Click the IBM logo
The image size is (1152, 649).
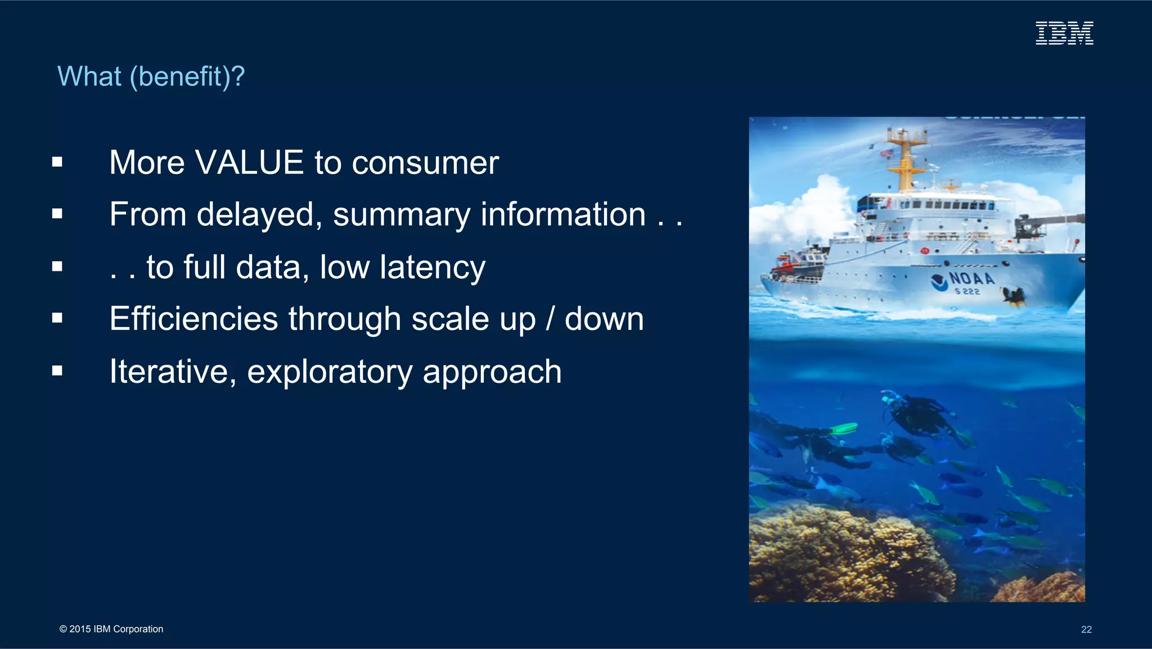coord(1064,33)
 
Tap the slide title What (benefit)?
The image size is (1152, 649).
coord(151,77)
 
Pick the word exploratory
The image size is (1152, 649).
coord(330,372)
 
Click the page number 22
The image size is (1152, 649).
coord(1086,629)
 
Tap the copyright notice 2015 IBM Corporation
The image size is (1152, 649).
coord(111,629)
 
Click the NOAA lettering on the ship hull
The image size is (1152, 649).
coord(971,278)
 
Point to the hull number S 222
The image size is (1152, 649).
coord(967,292)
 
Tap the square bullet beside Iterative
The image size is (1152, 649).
coord(57,371)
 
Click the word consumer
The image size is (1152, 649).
coord(425,163)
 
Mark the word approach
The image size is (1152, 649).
coord(492,372)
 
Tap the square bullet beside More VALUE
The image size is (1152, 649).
coord(57,163)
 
